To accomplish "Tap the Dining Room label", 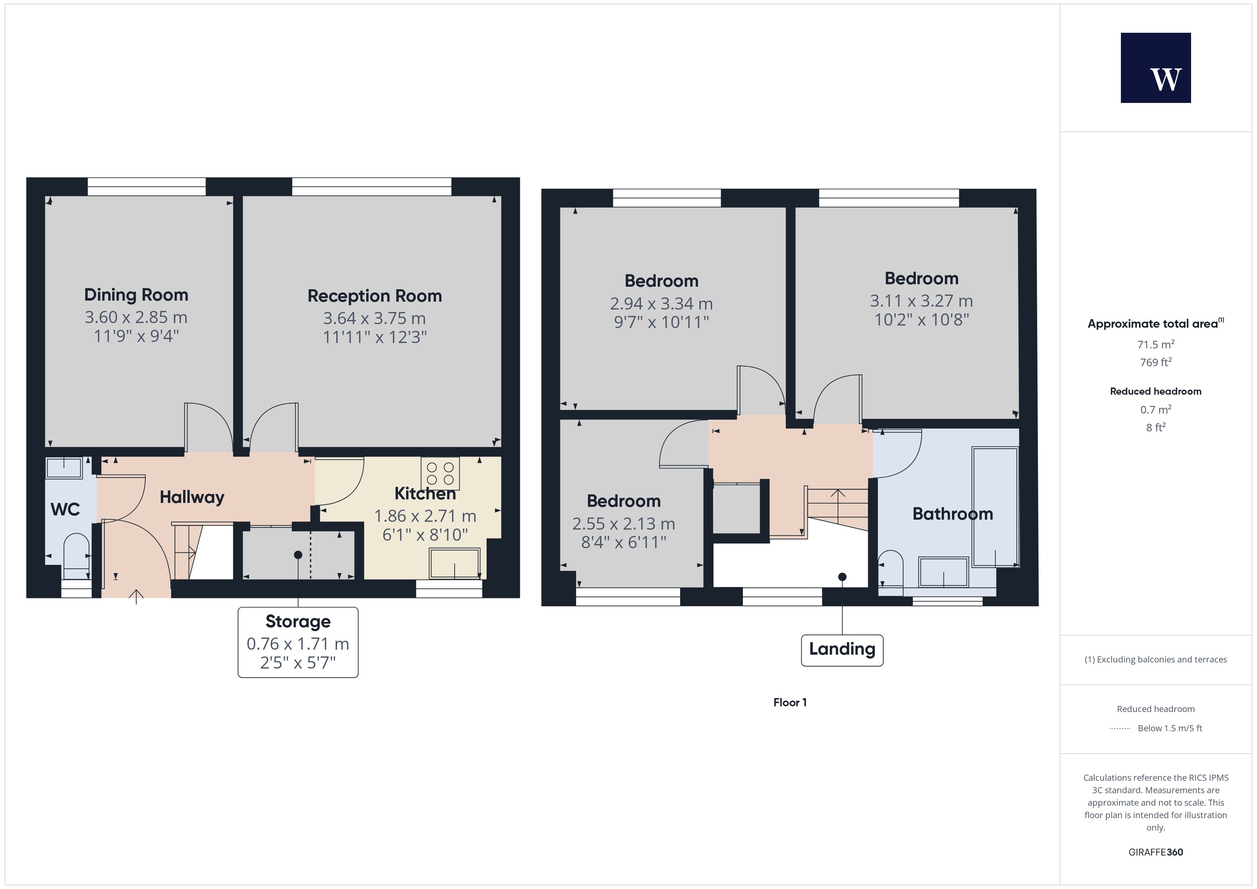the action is pos(136,295).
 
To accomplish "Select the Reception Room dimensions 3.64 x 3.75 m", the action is pos(374,318).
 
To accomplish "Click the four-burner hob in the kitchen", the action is pos(440,473).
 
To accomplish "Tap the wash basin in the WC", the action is pos(64,468).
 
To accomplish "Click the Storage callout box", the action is pos(298,642).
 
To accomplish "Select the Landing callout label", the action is pos(842,650).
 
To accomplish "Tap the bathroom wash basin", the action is pos(944,572).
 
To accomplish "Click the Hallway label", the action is pos(192,497).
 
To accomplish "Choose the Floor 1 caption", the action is pos(790,702).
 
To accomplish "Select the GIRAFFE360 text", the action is pos(1156,852).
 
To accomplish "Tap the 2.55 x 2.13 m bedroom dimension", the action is pos(624,524).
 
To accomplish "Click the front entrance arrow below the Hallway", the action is pos(136,597).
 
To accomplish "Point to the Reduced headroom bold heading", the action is pos(1156,391).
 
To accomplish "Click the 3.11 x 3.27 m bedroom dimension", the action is pos(921,301).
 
